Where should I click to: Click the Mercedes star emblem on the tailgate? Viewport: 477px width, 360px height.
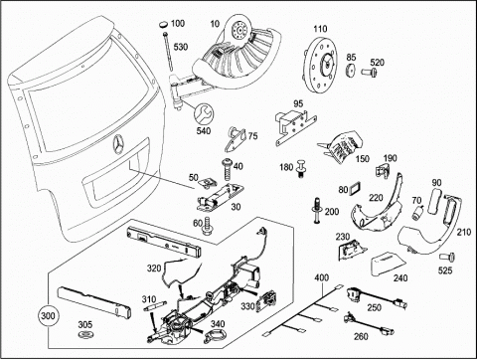118,145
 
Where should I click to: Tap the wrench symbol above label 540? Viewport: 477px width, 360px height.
204,113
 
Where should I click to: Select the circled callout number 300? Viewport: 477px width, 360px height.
48,315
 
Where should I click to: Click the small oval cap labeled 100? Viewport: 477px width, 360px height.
163,24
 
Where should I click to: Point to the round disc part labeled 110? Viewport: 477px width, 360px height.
320,65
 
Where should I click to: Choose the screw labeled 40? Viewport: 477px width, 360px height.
228,169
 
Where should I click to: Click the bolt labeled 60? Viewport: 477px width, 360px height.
208,227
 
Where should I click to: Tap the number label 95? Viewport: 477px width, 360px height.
298,103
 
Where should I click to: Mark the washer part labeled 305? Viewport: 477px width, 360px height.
85,334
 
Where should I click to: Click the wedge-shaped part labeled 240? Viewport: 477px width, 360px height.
388,264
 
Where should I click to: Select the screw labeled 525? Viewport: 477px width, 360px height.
447,257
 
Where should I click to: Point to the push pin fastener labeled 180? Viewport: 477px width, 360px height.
301,168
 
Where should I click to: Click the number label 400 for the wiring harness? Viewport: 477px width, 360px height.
322,276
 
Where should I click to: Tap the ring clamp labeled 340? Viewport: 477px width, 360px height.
215,335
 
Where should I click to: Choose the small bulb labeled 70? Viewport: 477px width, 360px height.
417,212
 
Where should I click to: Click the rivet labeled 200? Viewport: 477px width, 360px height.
317,210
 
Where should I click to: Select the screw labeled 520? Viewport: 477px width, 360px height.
369,72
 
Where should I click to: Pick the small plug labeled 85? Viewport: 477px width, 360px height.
351,71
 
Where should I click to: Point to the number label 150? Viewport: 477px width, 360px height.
363,158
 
